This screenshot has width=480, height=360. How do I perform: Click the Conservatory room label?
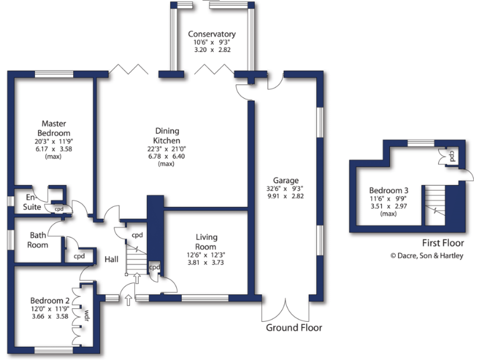point(212,34)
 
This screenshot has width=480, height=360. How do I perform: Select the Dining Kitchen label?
point(167,136)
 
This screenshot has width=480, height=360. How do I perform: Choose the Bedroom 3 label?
point(389,191)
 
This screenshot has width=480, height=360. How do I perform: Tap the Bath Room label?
point(37,240)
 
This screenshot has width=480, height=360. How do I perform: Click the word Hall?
point(112,259)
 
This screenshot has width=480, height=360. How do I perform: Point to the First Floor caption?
point(442,243)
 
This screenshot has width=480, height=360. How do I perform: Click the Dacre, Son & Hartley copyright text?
point(427,256)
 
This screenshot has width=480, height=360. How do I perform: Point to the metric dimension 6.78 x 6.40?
point(167,156)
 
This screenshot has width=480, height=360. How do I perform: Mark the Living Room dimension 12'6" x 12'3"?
point(206,254)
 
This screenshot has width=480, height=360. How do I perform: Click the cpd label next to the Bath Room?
point(79,256)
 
